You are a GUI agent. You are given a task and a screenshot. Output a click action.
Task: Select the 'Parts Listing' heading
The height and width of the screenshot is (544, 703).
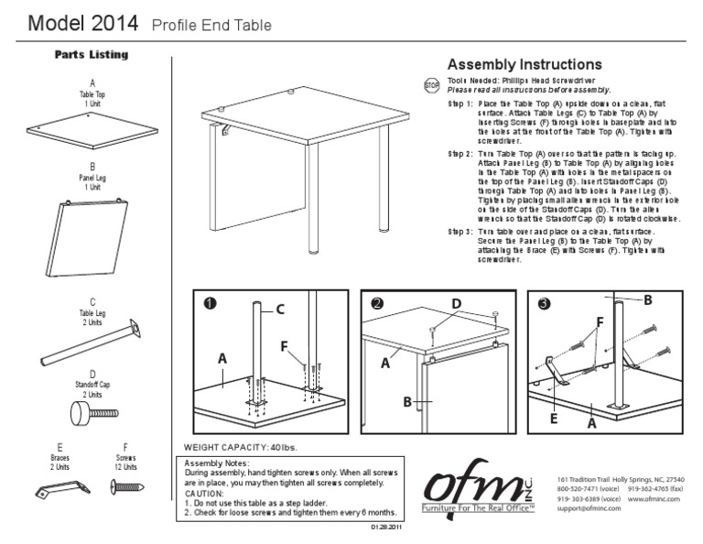(x=91, y=55)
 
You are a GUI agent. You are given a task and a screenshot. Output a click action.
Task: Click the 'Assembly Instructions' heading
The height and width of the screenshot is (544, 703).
(x=524, y=65)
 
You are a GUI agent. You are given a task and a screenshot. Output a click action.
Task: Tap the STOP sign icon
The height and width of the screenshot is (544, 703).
(x=432, y=86)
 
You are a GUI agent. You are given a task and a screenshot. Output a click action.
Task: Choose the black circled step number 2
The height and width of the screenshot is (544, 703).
(x=376, y=303)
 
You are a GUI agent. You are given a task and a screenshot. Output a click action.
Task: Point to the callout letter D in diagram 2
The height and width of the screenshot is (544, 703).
(x=455, y=304)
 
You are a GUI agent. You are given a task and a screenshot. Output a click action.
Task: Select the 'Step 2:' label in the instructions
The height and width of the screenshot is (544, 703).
(x=460, y=154)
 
